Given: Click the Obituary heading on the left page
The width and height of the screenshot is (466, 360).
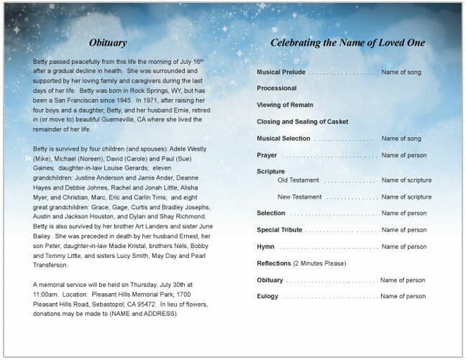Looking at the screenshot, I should pyautogui.click(x=107, y=43).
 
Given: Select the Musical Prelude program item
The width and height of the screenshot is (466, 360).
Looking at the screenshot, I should pyautogui.click(x=280, y=73).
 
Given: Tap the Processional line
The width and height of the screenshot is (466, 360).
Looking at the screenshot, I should pyautogui.click(x=276, y=88).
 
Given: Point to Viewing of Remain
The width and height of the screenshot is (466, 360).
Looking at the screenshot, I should pyautogui.click(x=285, y=105).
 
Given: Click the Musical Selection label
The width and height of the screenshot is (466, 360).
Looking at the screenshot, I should pyautogui.click(x=283, y=139).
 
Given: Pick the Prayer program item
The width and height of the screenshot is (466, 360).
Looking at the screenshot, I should pyautogui.click(x=267, y=155).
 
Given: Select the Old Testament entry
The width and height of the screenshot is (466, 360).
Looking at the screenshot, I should pyautogui.click(x=298, y=180).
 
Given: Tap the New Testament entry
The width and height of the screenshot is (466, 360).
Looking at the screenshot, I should pyautogui.click(x=299, y=197).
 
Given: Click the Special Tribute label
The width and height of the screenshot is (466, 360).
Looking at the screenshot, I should pyautogui.click(x=279, y=230).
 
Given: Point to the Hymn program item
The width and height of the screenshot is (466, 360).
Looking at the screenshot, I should pyautogui.click(x=265, y=246).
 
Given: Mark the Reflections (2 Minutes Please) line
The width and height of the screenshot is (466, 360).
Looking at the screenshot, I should pyautogui.click(x=301, y=264).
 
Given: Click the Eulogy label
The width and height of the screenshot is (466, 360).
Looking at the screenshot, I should pyautogui.click(x=267, y=296).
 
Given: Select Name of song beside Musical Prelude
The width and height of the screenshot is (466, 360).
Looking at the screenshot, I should pyautogui.click(x=401, y=73).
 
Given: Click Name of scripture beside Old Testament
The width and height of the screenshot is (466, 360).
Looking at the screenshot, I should pyautogui.click(x=406, y=180).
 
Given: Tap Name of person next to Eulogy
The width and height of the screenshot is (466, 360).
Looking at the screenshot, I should pyautogui.click(x=403, y=296).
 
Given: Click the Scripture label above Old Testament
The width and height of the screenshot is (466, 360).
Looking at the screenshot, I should pyautogui.click(x=270, y=172).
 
